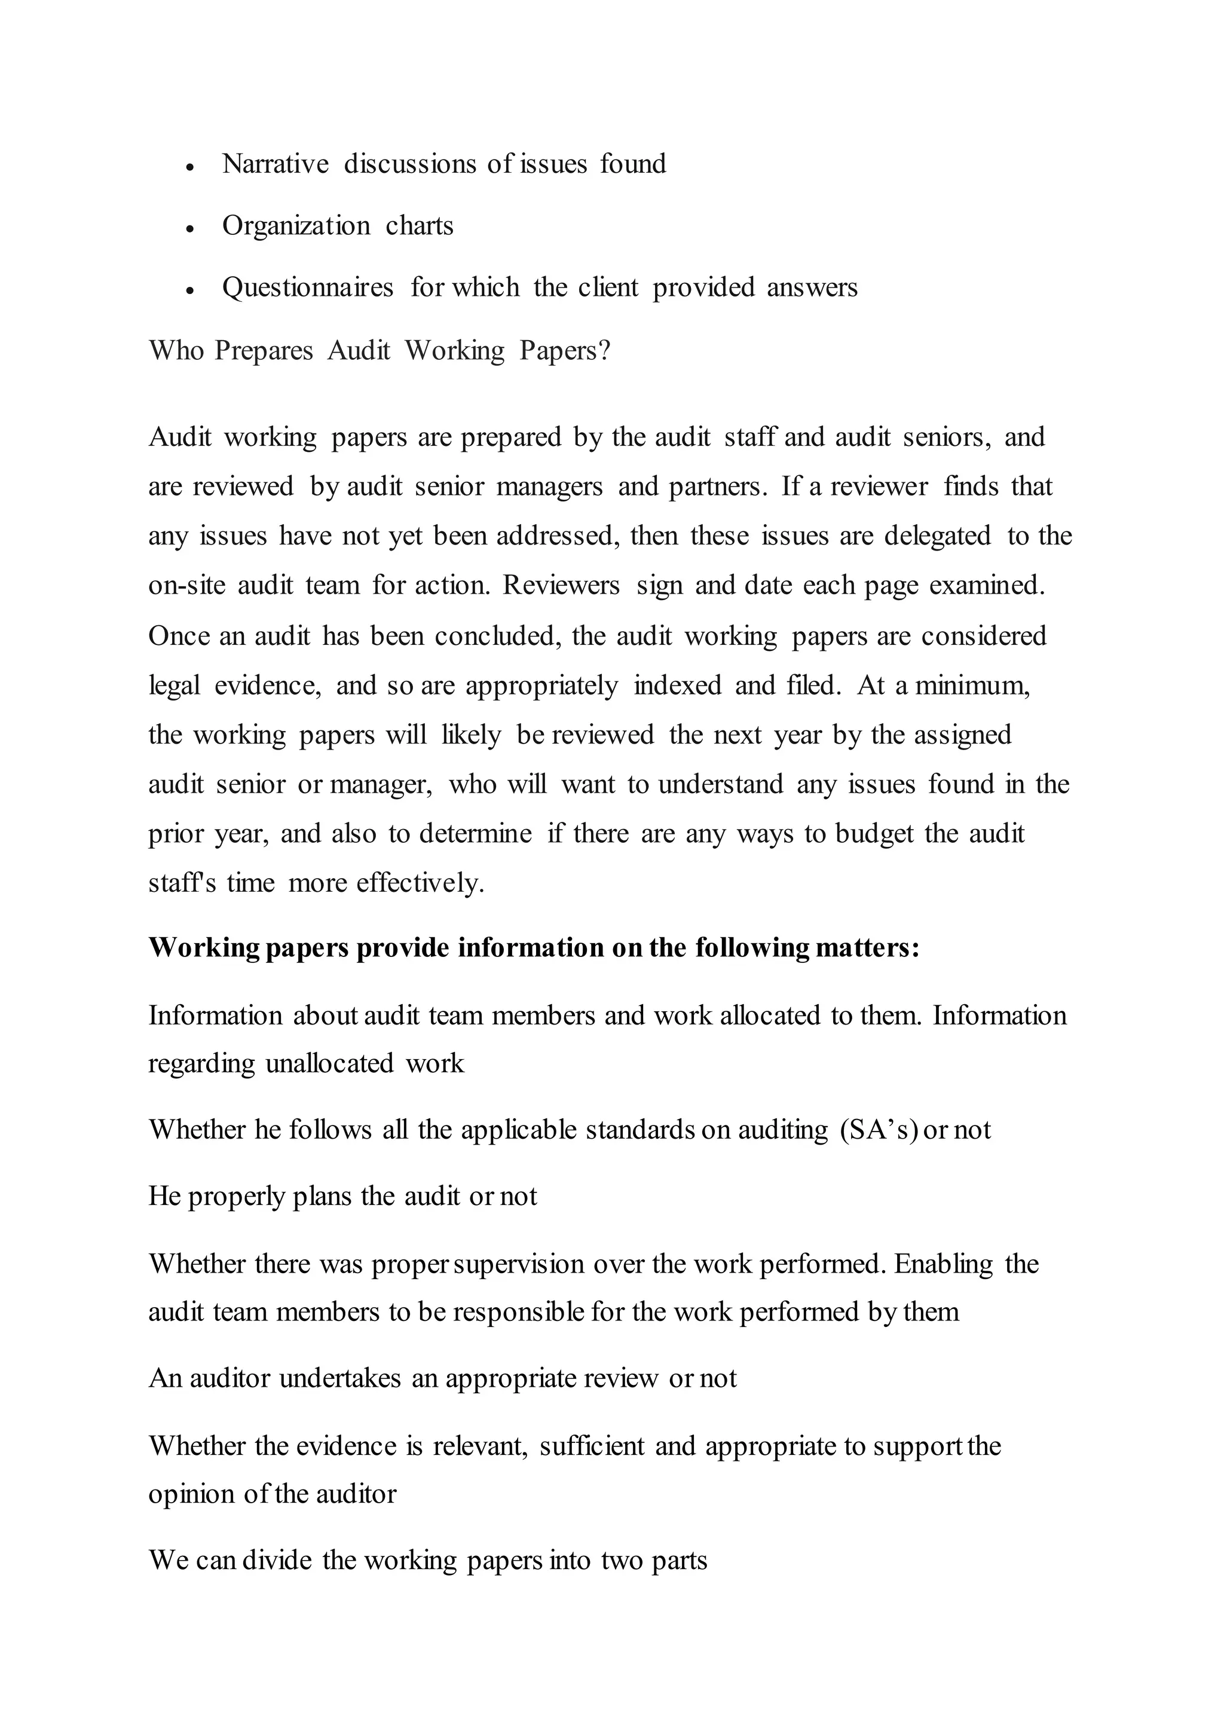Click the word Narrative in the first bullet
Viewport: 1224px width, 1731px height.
point(275,164)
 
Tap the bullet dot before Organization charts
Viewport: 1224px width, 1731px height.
point(190,228)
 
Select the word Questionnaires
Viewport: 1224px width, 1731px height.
point(308,288)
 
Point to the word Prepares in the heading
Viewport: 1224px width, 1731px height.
point(263,351)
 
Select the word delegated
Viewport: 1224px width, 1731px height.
point(937,536)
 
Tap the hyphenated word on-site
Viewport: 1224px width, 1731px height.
point(187,586)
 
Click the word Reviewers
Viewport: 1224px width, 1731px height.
point(561,586)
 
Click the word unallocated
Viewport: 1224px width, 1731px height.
point(329,1064)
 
